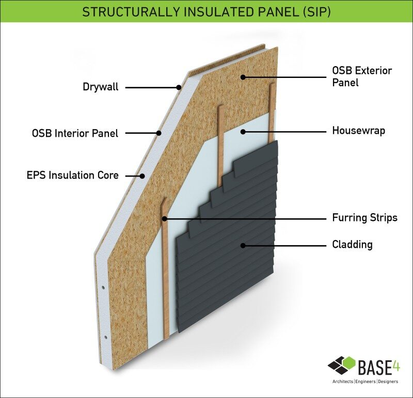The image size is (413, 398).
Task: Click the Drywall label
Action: click(x=101, y=87)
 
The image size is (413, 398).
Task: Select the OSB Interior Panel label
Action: click(x=75, y=133)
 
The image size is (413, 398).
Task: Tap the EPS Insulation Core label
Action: click(x=73, y=175)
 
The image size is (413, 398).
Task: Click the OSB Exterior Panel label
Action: click(x=362, y=76)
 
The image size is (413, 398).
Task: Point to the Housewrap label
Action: click(x=358, y=131)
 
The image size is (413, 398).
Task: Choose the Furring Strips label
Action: click(x=365, y=217)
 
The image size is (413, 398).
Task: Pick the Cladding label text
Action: click(x=352, y=245)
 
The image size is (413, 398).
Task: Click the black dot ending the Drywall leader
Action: click(x=179, y=87)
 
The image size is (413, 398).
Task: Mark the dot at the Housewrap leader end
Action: click(x=243, y=132)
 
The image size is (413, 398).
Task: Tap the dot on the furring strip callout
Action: click(x=164, y=219)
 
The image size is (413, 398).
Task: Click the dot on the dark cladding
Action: click(x=243, y=246)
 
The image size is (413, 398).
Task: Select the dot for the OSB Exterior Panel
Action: click(x=243, y=77)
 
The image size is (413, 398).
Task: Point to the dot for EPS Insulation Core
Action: click(x=142, y=176)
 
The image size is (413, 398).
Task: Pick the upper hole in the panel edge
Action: click(x=103, y=288)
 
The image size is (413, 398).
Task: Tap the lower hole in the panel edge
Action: click(x=106, y=337)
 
